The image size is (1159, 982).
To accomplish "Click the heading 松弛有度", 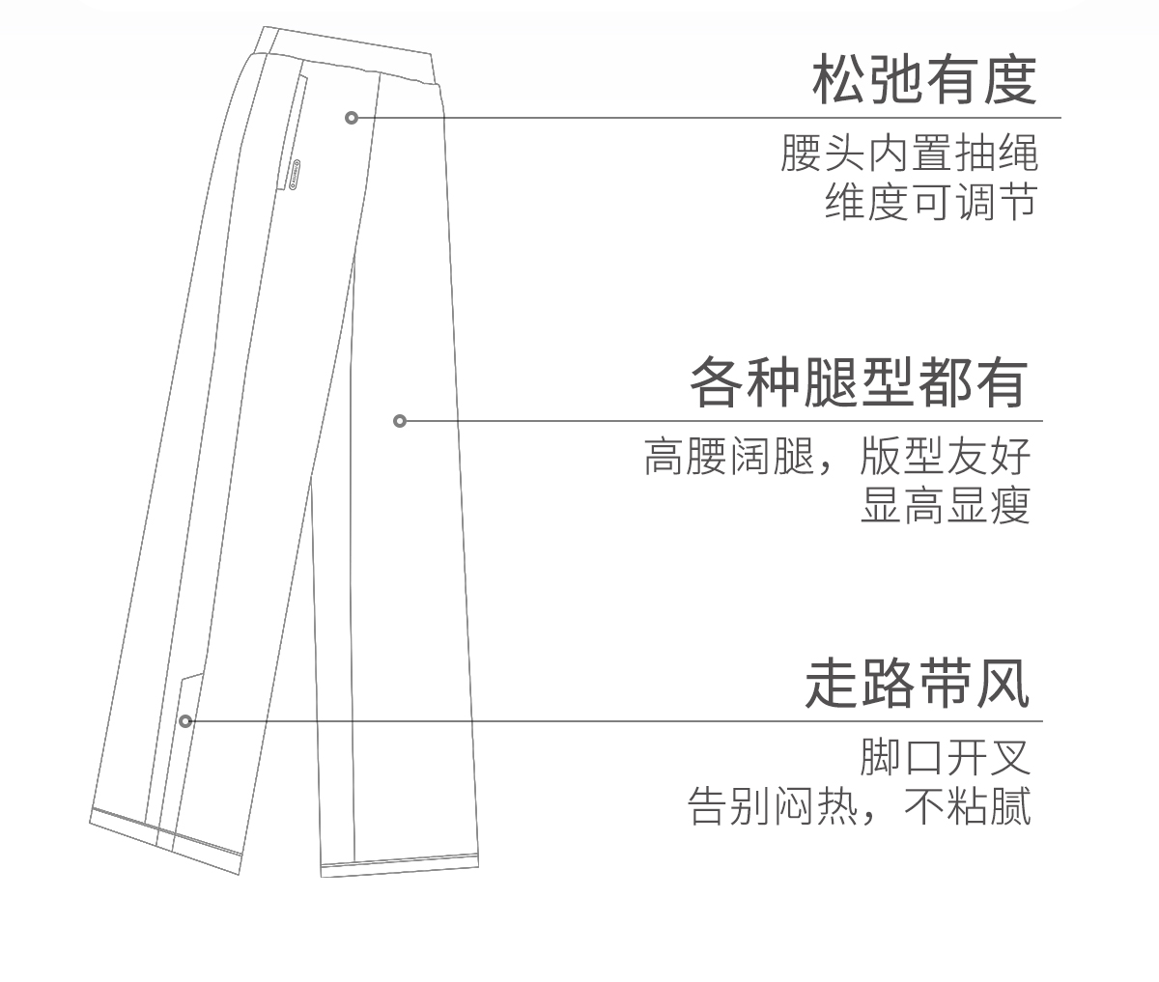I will (x=923, y=81).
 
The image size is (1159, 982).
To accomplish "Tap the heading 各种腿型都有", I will (x=858, y=384).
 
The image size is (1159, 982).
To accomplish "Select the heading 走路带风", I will (x=917, y=685).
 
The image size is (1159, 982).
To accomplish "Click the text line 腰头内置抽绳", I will (x=909, y=154).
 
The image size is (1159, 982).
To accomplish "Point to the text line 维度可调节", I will (x=930, y=202).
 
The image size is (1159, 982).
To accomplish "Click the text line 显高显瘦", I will (x=946, y=504).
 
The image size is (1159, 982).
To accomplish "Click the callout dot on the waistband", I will (x=352, y=118).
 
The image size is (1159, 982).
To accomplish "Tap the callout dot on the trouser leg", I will (x=400, y=420).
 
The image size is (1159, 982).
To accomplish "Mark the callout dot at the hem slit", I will (x=185, y=720).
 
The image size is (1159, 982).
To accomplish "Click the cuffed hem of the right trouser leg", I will (x=401, y=865).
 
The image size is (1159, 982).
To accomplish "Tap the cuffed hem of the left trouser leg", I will (x=164, y=836).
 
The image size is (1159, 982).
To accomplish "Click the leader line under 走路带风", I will (x=618, y=721).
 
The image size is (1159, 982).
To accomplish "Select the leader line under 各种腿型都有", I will (x=724, y=421).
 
